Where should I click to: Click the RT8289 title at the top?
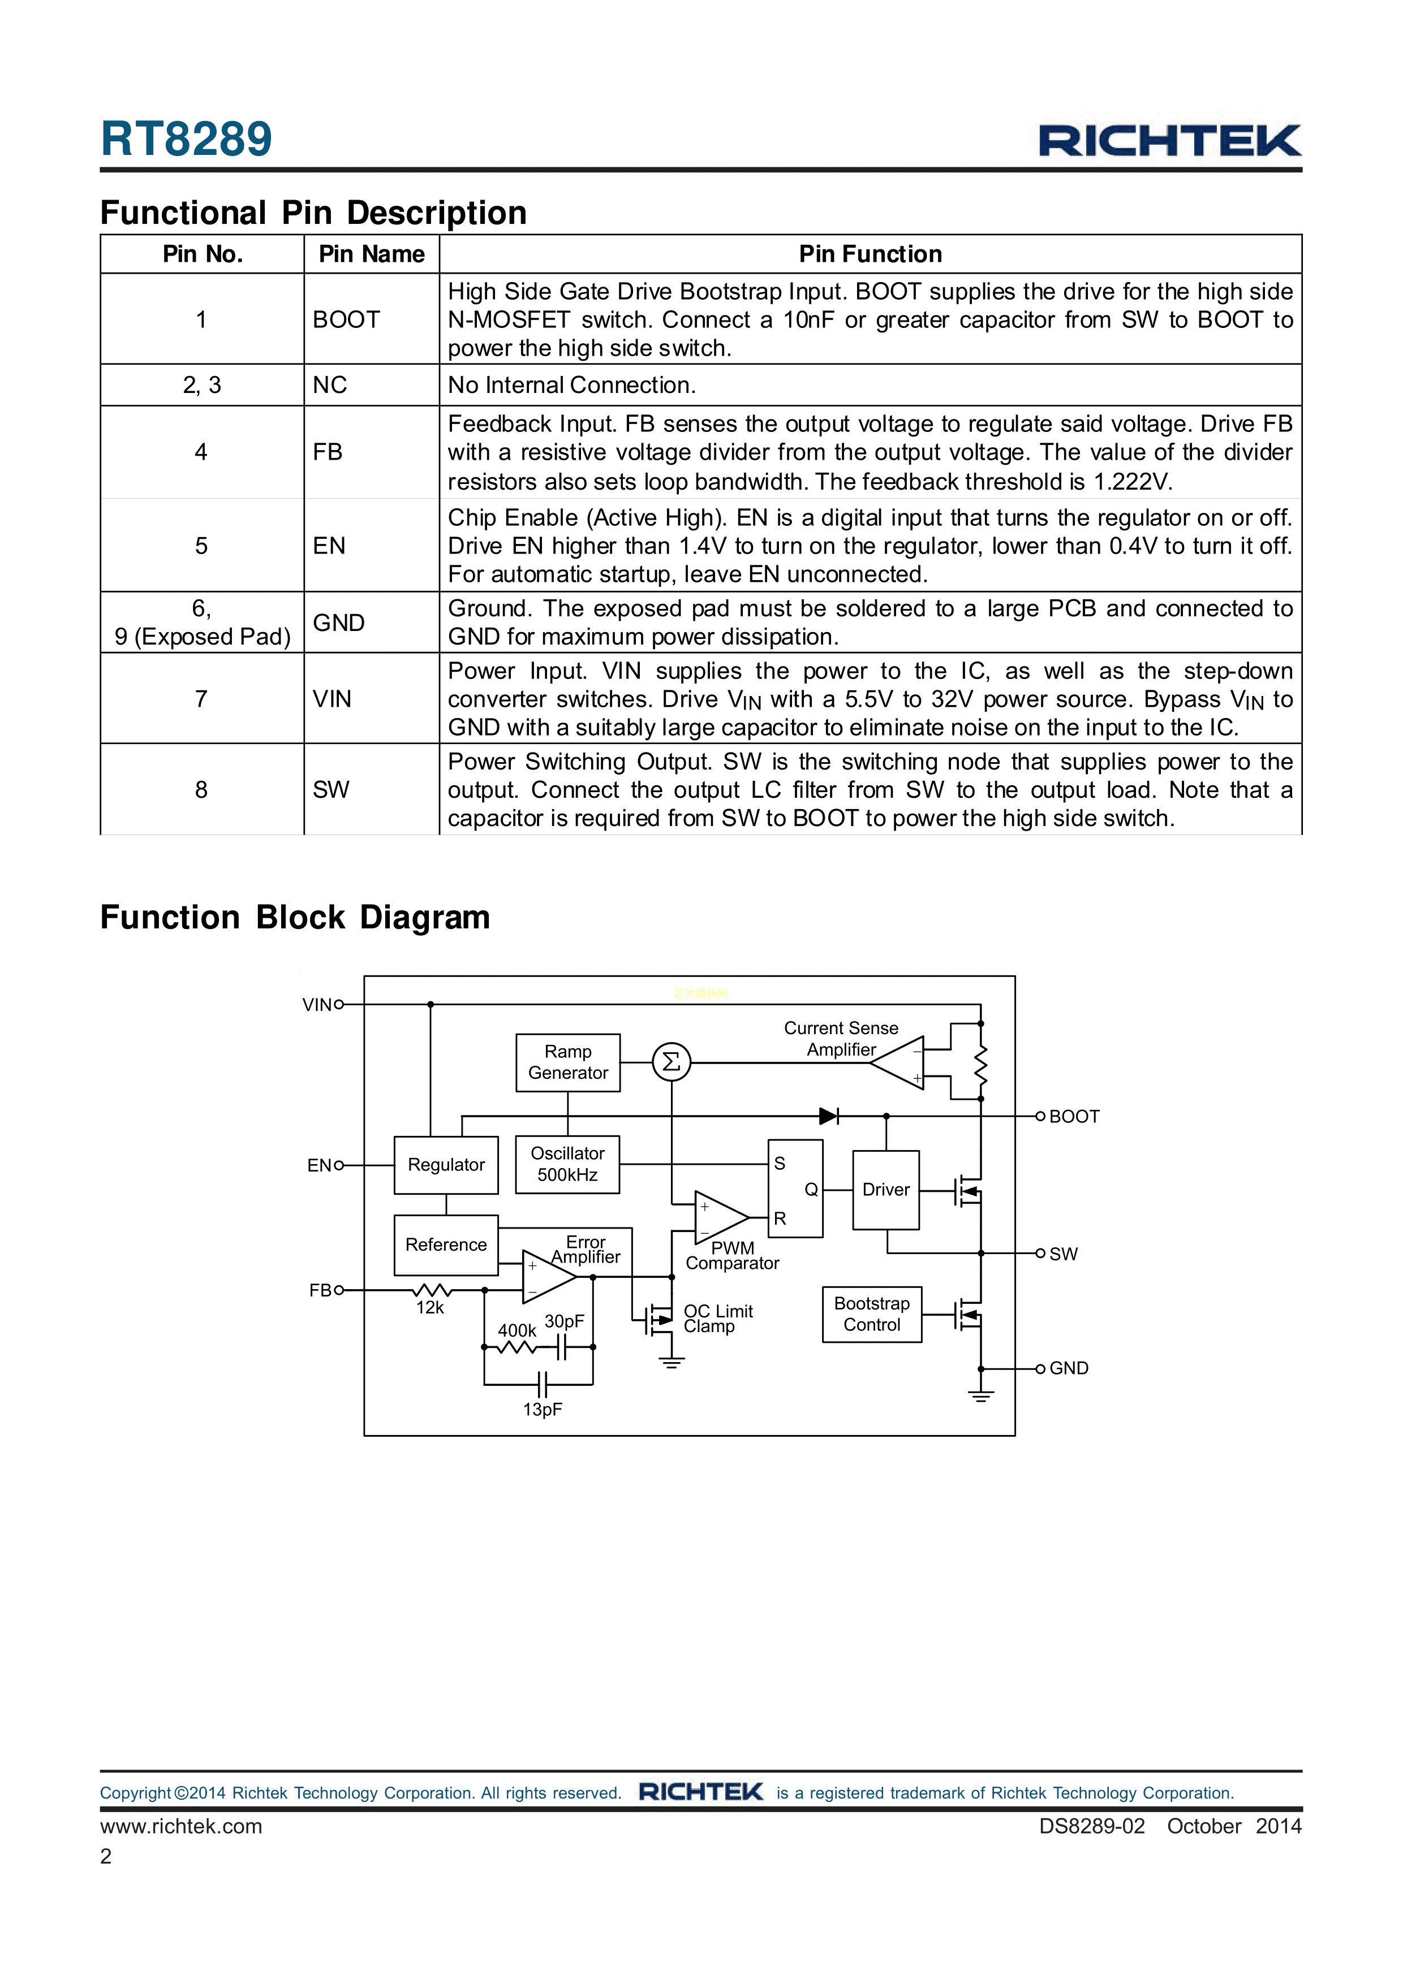186,139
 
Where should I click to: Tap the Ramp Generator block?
568,1062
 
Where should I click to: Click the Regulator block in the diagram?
446,1165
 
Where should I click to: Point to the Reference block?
446,1244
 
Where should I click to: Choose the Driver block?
885,1189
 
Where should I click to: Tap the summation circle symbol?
672,1062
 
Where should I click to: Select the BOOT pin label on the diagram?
1074,1117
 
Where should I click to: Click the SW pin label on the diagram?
1063,1254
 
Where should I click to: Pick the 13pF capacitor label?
542,1410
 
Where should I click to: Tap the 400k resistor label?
516,1331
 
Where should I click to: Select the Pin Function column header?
870,254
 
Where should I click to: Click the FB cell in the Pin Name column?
328,452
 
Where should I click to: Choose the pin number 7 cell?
201,698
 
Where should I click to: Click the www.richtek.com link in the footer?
180,1826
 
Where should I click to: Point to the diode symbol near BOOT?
829,1117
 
